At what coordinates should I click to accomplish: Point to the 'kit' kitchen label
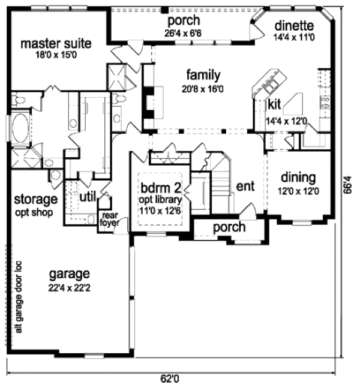pyautogui.click(x=274, y=104)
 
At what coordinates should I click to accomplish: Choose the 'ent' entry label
pyautogui.click(x=245, y=186)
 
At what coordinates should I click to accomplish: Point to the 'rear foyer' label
pyautogui.click(x=109, y=220)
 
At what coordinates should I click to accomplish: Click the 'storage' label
pyautogui.click(x=36, y=199)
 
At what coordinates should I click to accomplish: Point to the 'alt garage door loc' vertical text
pyautogui.click(x=19, y=297)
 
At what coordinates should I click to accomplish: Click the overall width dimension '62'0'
pyautogui.click(x=170, y=379)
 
